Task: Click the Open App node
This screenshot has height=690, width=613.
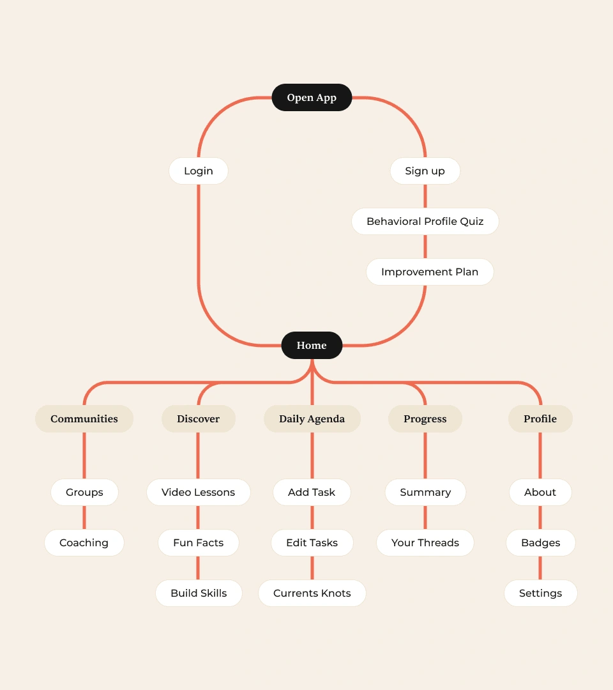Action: (x=312, y=98)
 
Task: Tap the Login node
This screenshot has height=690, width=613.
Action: (x=199, y=171)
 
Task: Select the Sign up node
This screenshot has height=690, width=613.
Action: (x=425, y=171)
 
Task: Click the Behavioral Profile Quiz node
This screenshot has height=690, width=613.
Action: (x=425, y=222)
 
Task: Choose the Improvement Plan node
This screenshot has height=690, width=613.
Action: (x=430, y=272)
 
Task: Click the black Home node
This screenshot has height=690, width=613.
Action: (x=312, y=346)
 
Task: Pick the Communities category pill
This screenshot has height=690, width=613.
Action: (x=84, y=419)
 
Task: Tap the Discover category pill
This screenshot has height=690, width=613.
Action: (x=199, y=419)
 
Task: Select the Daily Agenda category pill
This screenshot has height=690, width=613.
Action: (x=312, y=419)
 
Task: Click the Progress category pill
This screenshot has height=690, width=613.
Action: (x=425, y=419)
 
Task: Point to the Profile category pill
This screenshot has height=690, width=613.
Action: (x=540, y=419)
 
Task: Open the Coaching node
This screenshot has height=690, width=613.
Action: (x=84, y=543)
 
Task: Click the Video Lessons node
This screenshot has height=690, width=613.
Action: (x=199, y=493)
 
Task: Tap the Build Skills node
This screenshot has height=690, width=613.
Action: (x=199, y=594)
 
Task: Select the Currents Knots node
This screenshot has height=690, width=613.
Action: (x=312, y=594)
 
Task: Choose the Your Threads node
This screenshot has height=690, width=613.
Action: (x=425, y=543)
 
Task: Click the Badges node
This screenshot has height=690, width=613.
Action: (x=540, y=543)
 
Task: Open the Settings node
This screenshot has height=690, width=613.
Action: (x=540, y=594)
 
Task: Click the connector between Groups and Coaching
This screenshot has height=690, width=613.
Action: (x=84, y=517)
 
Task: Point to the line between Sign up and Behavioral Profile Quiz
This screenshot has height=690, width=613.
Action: (x=425, y=196)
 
